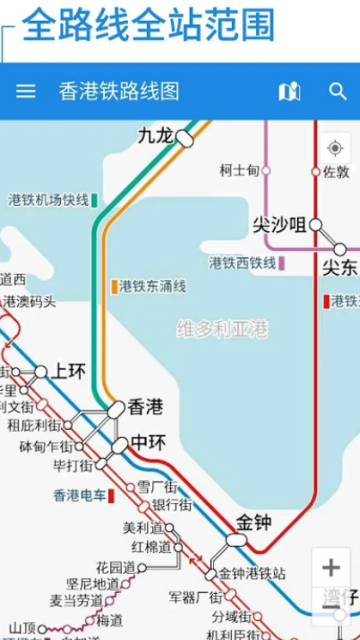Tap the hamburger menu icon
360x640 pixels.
26,91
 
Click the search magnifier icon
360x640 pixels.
338,91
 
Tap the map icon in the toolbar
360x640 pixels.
289,91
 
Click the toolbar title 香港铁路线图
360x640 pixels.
119,91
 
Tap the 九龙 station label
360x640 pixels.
155,134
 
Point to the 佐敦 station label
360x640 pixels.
336,172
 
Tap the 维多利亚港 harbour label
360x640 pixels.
223,328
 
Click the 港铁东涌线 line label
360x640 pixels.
152,286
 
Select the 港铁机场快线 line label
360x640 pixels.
48,200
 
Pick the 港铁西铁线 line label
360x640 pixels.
242,263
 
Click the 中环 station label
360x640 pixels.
148,441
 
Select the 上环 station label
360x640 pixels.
69,371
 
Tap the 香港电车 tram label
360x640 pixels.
79,494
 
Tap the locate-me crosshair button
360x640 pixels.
335,148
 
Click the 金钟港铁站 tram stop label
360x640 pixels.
252,574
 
